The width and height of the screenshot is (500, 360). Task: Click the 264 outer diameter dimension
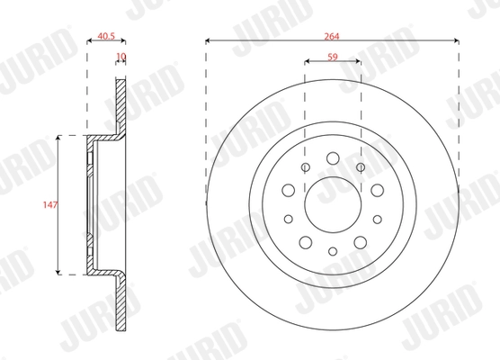(333, 33)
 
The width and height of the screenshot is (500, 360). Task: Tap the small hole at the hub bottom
(333, 251)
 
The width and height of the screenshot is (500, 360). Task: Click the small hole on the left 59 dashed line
(306, 167)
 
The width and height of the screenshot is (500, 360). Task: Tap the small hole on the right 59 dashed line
(361, 167)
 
